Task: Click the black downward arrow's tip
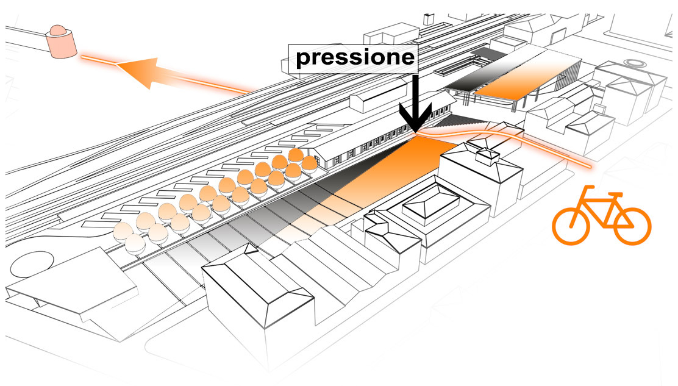[x=416, y=130]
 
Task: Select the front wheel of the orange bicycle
[x=632, y=226]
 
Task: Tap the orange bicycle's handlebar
[x=616, y=195]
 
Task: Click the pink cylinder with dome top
[x=60, y=42]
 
